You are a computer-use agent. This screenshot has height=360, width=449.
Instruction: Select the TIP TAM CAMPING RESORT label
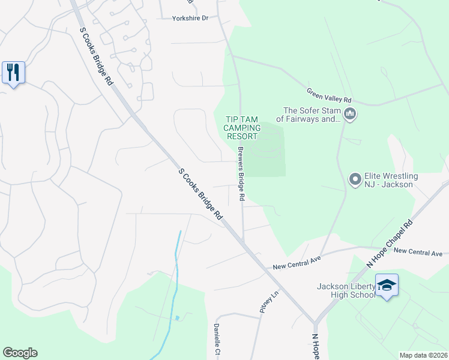coord(243,128)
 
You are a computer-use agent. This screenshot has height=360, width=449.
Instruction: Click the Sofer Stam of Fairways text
coord(312,115)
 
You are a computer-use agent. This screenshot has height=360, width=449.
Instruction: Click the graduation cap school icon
coord(387,286)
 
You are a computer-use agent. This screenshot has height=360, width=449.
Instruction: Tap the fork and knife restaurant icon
coord(13,72)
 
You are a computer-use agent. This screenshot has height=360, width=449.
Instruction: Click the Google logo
coord(20,353)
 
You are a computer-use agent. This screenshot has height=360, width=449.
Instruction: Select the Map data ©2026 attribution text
coord(423,355)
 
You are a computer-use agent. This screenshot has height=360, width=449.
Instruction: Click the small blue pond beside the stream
coord(176,317)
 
